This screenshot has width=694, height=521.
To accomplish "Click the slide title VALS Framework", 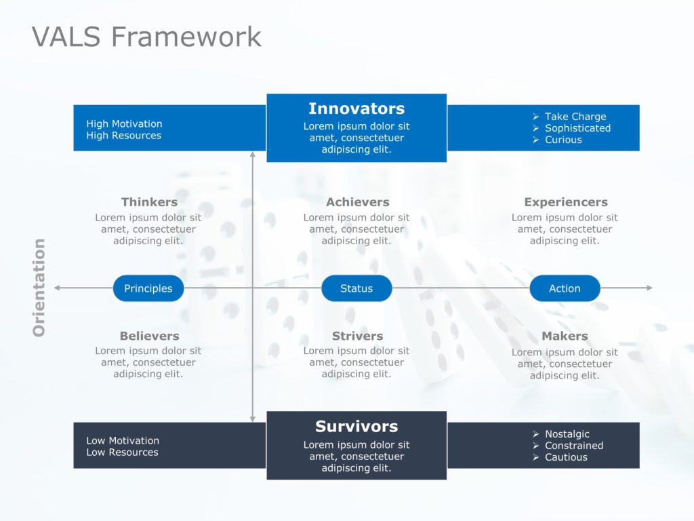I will click(x=146, y=37).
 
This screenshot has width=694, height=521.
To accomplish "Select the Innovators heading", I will click(x=356, y=109).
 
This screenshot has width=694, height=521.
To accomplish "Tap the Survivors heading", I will click(x=356, y=427).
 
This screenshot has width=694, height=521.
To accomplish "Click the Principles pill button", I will click(x=148, y=288).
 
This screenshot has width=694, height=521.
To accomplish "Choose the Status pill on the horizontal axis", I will click(x=356, y=288).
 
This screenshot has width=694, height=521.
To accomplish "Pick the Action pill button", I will click(x=565, y=288).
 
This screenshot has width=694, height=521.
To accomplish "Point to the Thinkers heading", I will click(x=149, y=202).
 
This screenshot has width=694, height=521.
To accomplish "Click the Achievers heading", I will click(x=357, y=202).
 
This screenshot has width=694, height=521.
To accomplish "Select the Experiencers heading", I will click(x=566, y=202).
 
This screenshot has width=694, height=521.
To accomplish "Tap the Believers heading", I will click(x=149, y=336).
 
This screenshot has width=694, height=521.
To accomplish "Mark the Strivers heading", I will click(x=357, y=336).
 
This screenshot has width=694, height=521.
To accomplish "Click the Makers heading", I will click(x=565, y=336).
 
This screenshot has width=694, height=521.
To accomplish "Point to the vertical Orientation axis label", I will click(x=39, y=288).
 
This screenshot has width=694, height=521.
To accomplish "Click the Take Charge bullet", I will click(x=575, y=117).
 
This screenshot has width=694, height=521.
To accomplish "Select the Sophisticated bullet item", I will click(x=577, y=128).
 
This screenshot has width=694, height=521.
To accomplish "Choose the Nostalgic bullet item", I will click(x=567, y=434).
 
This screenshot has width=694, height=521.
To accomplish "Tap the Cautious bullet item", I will click(x=566, y=457).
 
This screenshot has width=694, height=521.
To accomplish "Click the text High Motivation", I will click(x=124, y=123).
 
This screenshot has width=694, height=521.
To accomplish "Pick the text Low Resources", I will click(x=122, y=452).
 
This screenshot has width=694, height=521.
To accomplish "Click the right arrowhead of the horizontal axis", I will click(x=649, y=288).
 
